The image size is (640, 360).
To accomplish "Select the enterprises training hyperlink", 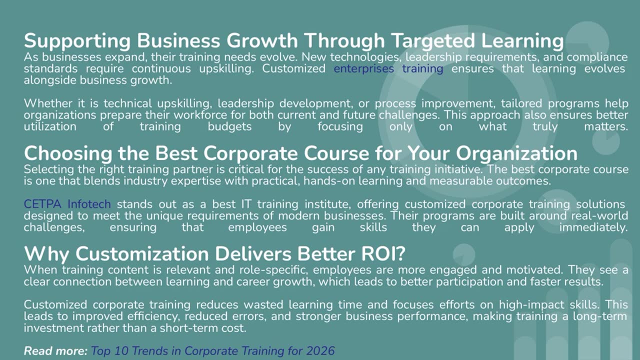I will click(388, 68).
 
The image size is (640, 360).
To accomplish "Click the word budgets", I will click(229, 126).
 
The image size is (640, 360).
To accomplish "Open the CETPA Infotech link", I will click(67, 204).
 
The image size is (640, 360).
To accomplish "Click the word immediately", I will click(593, 227).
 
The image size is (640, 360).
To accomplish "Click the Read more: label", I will click(55, 351).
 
